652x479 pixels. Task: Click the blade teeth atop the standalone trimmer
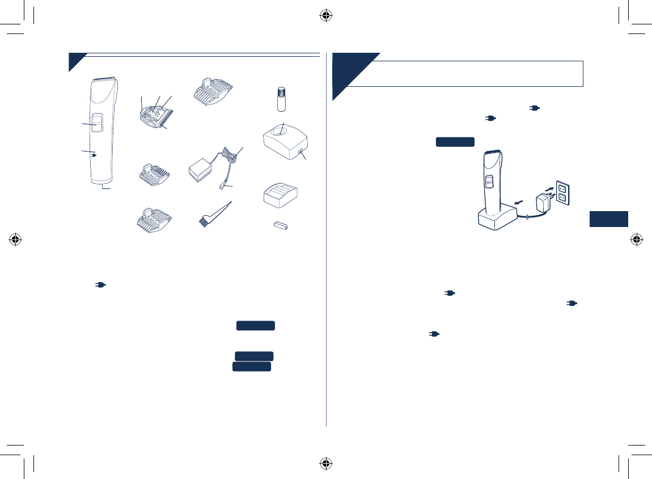click(104, 78)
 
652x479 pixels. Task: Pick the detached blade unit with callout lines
click(154, 114)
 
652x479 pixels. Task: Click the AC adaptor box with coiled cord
click(202, 171)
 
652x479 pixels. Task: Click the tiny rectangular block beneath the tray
click(279, 226)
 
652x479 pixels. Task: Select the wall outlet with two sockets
click(562, 192)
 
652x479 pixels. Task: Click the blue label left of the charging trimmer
click(455, 142)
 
